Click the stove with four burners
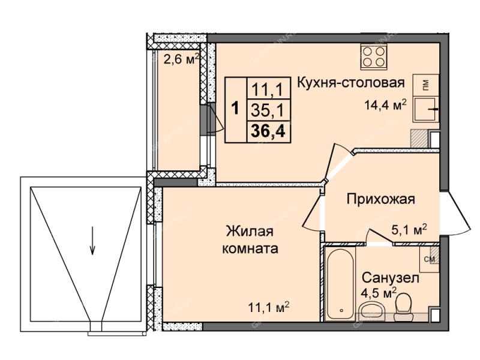tap(373, 56)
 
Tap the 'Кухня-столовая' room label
tap(351, 83)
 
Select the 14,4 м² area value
tap(385, 105)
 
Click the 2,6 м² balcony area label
tap(182, 59)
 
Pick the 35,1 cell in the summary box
tap(268, 110)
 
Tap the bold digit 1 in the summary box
tap(235, 109)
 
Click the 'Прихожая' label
tap(381, 199)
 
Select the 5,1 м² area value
tap(409, 229)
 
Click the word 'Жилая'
tap(250, 231)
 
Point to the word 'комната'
tap(250, 248)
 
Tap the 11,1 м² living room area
tap(269, 307)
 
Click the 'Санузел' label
tap(391, 278)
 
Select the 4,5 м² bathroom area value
tap(379, 293)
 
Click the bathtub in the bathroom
tap(341, 284)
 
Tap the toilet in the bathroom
tap(403, 307)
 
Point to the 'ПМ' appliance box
tap(425, 85)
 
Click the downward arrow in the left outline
tap(92, 241)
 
